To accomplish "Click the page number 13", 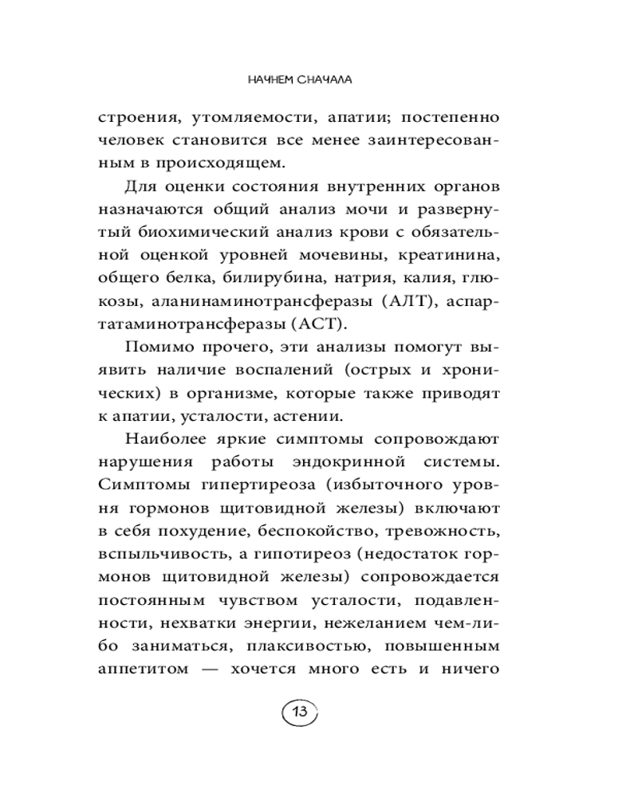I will [300, 712].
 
